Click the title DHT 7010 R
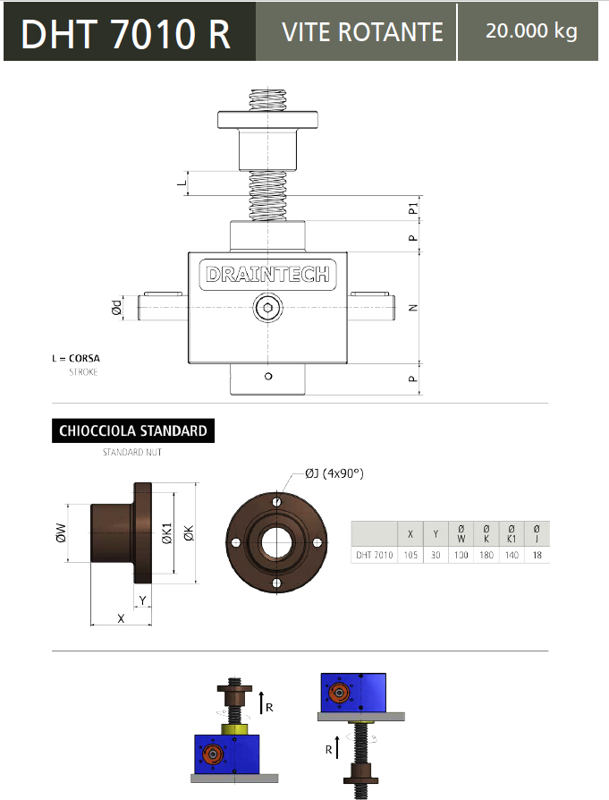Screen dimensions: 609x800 tap(125, 34)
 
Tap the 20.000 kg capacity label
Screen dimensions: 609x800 tap(531, 30)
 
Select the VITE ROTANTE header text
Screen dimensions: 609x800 tap(362, 32)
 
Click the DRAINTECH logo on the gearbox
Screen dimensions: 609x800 tap(267, 275)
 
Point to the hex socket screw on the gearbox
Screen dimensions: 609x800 tap(267, 308)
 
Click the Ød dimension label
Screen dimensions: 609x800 tap(117, 307)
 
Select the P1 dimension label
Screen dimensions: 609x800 tap(412, 209)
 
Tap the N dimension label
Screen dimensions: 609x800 tap(413, 308)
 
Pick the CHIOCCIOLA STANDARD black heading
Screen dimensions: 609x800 tap(133, 430)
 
